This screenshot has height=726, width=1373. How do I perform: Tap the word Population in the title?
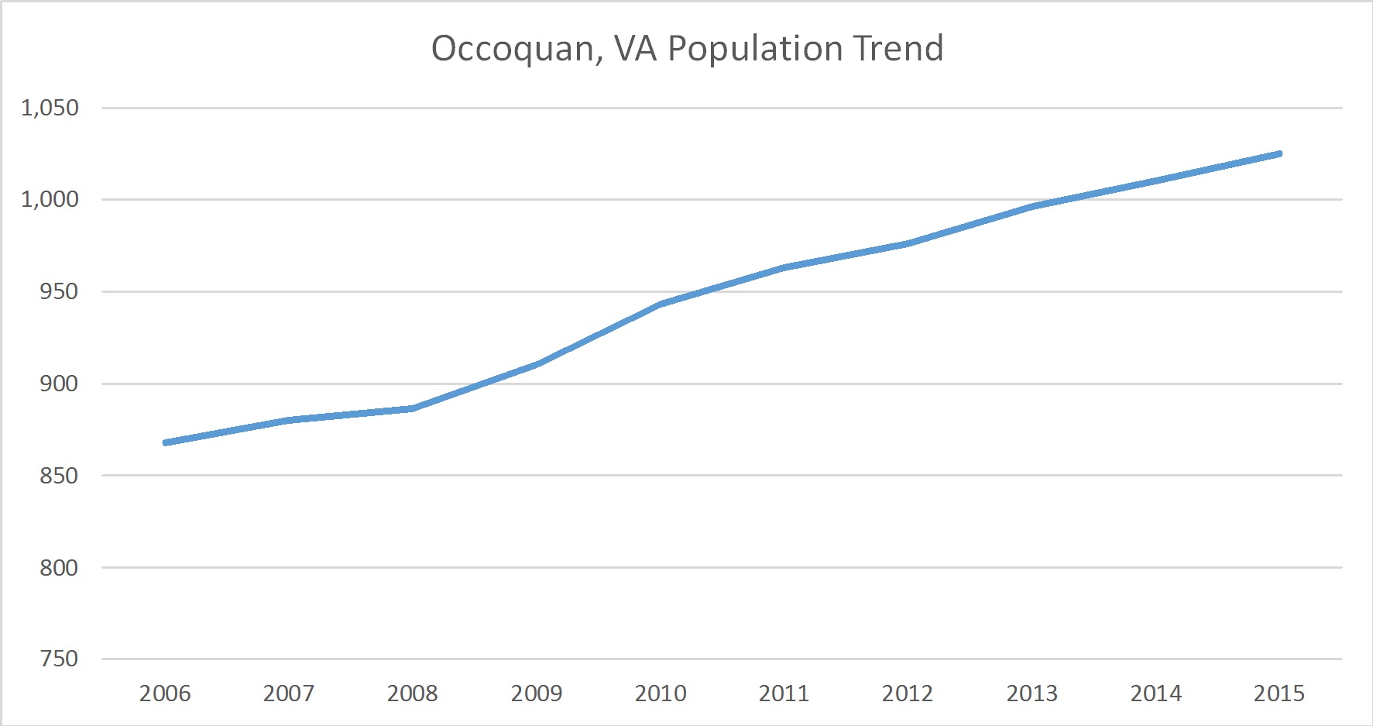point(755,50)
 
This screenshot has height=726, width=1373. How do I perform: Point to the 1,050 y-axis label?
point(50,108)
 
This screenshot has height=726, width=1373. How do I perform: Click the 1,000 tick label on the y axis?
point(50,199)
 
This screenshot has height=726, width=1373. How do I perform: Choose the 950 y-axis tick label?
point(59,291)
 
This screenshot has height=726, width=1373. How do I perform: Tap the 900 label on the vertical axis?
point(59,384)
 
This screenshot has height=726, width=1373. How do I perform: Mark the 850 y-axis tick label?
point(59,475)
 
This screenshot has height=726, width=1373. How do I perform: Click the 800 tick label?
point(59,567)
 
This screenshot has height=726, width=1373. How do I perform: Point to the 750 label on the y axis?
point(59,659)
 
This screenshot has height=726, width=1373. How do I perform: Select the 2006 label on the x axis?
point(165,693)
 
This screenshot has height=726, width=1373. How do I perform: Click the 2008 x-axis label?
point(413,693)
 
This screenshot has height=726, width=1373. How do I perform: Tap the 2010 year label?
point(661,693)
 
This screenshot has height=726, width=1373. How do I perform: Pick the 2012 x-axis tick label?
point(908,693)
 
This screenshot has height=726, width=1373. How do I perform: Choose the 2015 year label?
point(1279,693)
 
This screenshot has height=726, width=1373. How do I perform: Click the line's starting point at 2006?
point(166,442)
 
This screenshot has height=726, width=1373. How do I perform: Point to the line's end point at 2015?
point(1279,153)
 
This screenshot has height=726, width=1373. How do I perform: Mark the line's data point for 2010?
point(661,305)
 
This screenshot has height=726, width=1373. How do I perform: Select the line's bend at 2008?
point(413,408)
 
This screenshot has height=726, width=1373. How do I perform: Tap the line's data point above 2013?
point(1031,207)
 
